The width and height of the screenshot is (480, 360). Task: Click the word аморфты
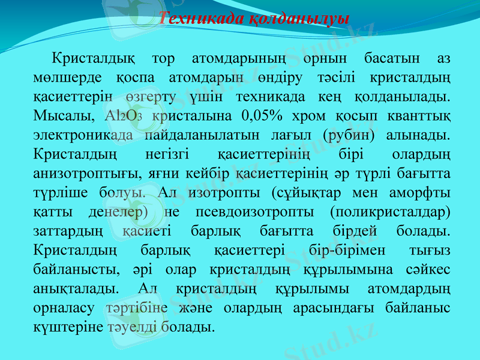pyautogui.click(x=420, y=193)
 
